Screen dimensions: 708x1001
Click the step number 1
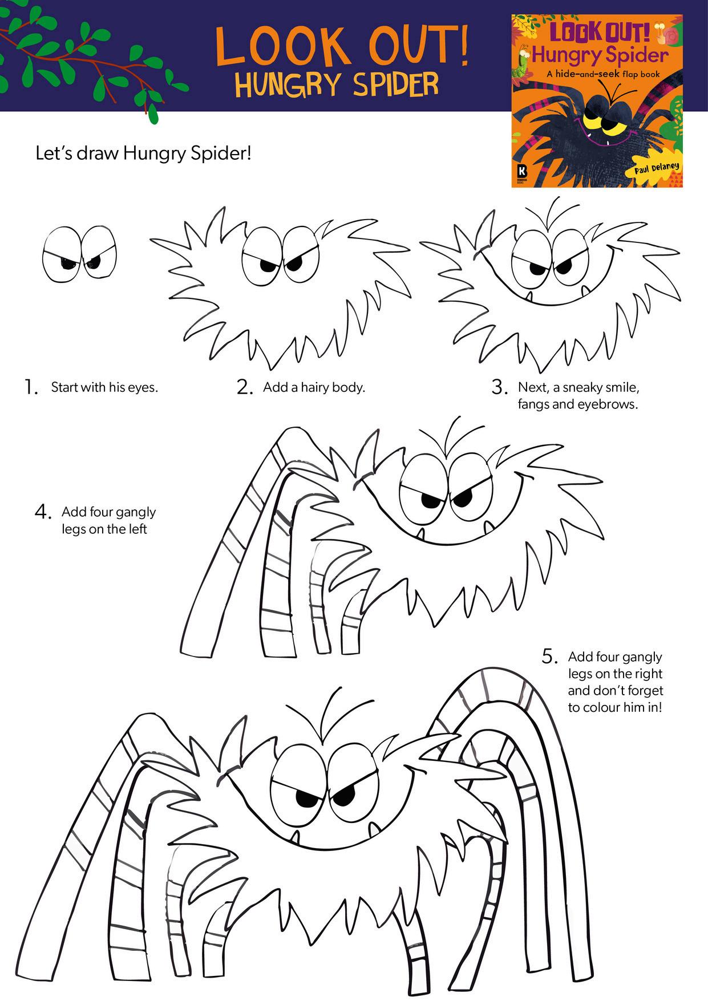click(x=31, y=387)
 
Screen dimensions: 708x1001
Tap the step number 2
click(x=244, y=387)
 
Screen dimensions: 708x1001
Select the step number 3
click(x=499, y=387)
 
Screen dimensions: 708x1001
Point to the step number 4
click(x=43, y=512)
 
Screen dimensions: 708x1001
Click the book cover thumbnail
click(x=597, y=101)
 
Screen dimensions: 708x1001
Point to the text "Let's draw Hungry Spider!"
click(x=143, y=153)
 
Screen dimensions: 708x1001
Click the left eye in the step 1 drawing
click(x=62, y=255)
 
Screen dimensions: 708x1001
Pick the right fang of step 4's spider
click(x=488, y=528)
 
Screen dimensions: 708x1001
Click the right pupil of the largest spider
click(x=344, y=797)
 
